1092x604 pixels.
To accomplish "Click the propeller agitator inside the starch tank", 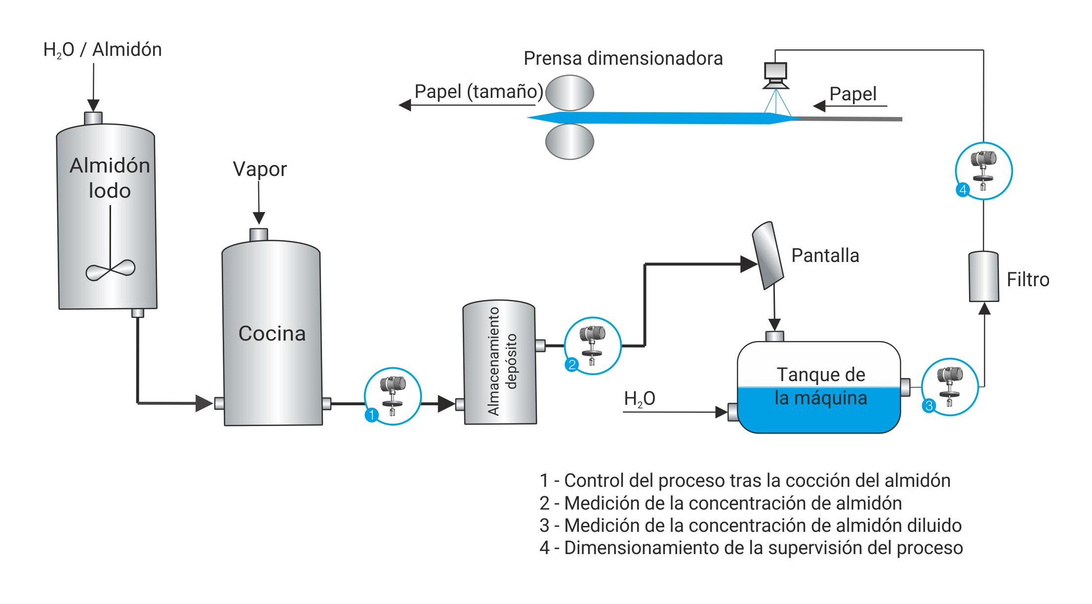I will pyautogui.click(x=110, y=270).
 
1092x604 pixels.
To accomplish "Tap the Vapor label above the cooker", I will pyautogui.click(x=259, y=169).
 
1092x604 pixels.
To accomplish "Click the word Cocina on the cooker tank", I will pyautogui.click(x=272, y=334).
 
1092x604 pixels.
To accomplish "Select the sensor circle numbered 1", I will pyautogui.click(x=393, y=396).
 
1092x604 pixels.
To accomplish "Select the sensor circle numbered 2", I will pyautogui.click(x=592, y=345).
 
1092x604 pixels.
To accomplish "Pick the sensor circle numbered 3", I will pyautogui.click(x=949, y=387).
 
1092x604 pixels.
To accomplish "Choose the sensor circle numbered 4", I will pyautogui.click(x=983, y=171).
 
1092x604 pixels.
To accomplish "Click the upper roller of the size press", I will pyautogui.click(x=569, y=92).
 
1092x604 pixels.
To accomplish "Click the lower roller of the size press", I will pyautogui.click(x=569, y=141).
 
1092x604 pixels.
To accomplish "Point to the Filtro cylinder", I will pyautogui.click(x=983, y=277).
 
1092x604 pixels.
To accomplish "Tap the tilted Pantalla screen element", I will pyautogui.click(x=768, y=255).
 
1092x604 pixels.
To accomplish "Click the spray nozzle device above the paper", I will pyautogui.click(x=775, y=76).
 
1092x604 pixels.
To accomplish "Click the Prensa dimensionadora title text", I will pyautogui.click(x=623, y=58).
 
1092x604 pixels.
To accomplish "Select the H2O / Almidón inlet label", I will pyautogui.click(x=102, y=49).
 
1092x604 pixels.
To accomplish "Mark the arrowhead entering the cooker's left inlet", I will pyautogui.click(x=204, y=403).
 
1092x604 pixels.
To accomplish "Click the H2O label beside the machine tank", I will pyautogui.click(x=639, y=398).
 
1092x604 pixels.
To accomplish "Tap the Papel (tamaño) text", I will pyautogui.click(x=478, y=91).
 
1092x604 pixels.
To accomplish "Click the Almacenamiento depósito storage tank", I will pyautogui.click(x=499, y=362).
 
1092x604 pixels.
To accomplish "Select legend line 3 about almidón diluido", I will pyautogui.click(x=750, y=525).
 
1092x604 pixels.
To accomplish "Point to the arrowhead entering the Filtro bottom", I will pyautogui.click(x=984, y=309).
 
